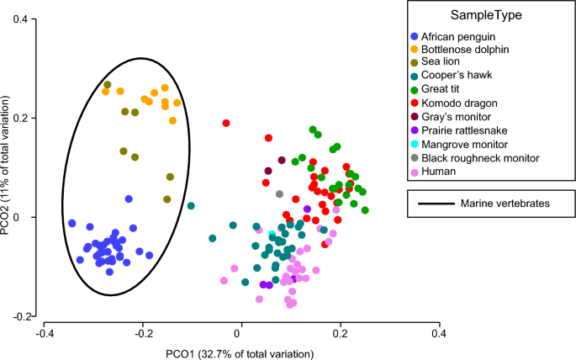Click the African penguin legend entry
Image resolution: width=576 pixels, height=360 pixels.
coord(459,36)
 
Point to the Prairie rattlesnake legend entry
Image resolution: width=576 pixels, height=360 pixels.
coord(465,130)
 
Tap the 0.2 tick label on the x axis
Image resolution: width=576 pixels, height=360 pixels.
coord(340,333)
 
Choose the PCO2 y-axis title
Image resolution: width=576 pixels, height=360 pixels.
coord(8,167)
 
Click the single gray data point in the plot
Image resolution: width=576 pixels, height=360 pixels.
coord(280,194)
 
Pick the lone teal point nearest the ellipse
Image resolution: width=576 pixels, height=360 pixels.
coord(191,206)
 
